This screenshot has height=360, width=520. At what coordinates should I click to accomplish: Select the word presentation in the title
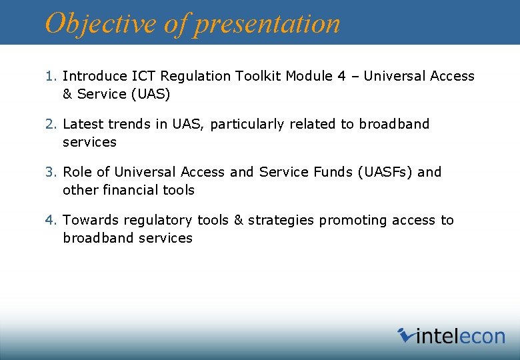[267, 23]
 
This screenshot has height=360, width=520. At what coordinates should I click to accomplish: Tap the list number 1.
[49, 76]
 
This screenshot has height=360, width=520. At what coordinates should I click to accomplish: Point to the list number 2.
[49, 124]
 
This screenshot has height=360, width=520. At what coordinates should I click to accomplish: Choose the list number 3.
[49, 172]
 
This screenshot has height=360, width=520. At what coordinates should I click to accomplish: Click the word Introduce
[93, 76]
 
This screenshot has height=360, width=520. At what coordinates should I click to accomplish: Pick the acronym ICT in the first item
[139, 76]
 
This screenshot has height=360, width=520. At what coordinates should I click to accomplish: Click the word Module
[309, 76]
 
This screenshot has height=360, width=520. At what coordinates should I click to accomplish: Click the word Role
[77, 172]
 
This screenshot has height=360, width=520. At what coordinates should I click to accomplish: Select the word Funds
[333, 172]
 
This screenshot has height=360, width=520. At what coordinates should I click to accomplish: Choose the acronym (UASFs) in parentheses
[385, 172]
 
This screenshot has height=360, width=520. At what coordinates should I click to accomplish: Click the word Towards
[89, 220]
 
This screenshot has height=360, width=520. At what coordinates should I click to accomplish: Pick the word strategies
[281, 220]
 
